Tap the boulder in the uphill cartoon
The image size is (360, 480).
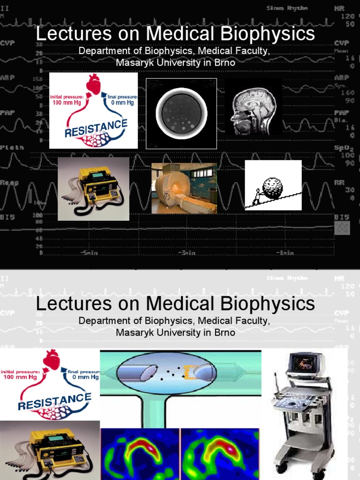[x=273, y=187]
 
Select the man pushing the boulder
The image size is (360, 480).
[x=257, y=197]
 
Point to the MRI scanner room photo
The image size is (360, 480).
[x=184, y=188]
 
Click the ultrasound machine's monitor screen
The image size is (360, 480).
[x=305, y=363]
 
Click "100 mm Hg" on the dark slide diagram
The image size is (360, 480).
[x=63, y=103]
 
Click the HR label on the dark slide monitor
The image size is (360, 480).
[x=339, y=9]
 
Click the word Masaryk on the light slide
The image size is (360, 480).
[x=132, y=332]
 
